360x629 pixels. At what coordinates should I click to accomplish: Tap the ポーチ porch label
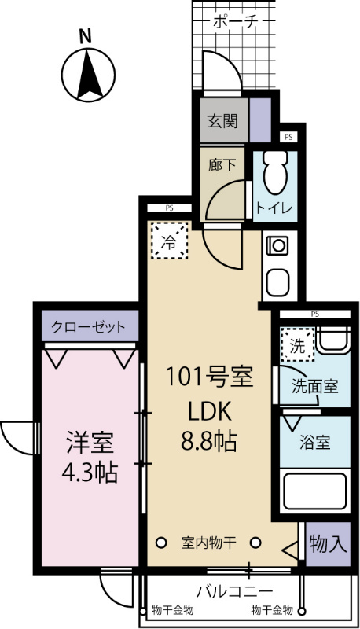pos(236,22)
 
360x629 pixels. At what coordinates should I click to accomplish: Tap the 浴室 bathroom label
pos(314,442)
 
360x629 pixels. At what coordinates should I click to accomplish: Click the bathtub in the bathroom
pos(314,490)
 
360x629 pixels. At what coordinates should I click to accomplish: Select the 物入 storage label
pos(324,543)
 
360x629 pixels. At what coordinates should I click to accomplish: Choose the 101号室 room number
pos(208,377)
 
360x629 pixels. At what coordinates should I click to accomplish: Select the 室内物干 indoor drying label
pos(209,542)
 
